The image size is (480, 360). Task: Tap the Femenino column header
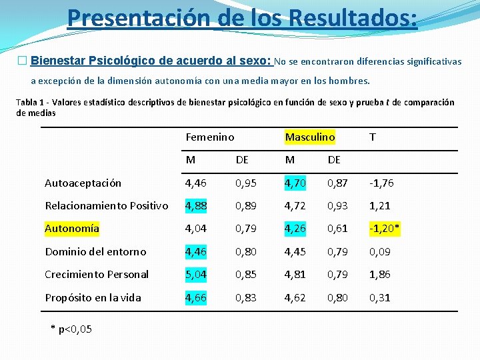(x=209, y=137)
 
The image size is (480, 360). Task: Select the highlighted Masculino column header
(x=309, y=137)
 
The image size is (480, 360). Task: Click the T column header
(x=372, y=137)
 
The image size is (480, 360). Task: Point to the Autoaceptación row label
(x=83, y=183)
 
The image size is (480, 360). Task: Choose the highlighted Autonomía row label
(x=72, y=229)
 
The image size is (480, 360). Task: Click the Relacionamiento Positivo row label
(x=106, y=205)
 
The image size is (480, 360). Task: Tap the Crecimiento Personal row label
(x=97, y=275)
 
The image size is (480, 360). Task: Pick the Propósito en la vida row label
(x=93, y=297)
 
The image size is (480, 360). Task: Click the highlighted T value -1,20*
(x=385, y=229)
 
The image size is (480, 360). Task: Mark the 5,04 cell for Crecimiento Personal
(x=197, y=275)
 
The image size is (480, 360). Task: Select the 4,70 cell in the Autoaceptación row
(x=295, y=183)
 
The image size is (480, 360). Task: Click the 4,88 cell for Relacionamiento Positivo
(x=197, y=205)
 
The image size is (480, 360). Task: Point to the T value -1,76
(x=382, y=183)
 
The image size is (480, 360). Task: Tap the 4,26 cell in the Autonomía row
(x=295, y=229)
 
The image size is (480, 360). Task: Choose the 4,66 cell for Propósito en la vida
(x=197, y=297)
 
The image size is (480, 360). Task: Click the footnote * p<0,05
(x=71, y=329)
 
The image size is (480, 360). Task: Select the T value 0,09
(x=380, y=251)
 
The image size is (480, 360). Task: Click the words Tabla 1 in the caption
(x=31, y=103)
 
